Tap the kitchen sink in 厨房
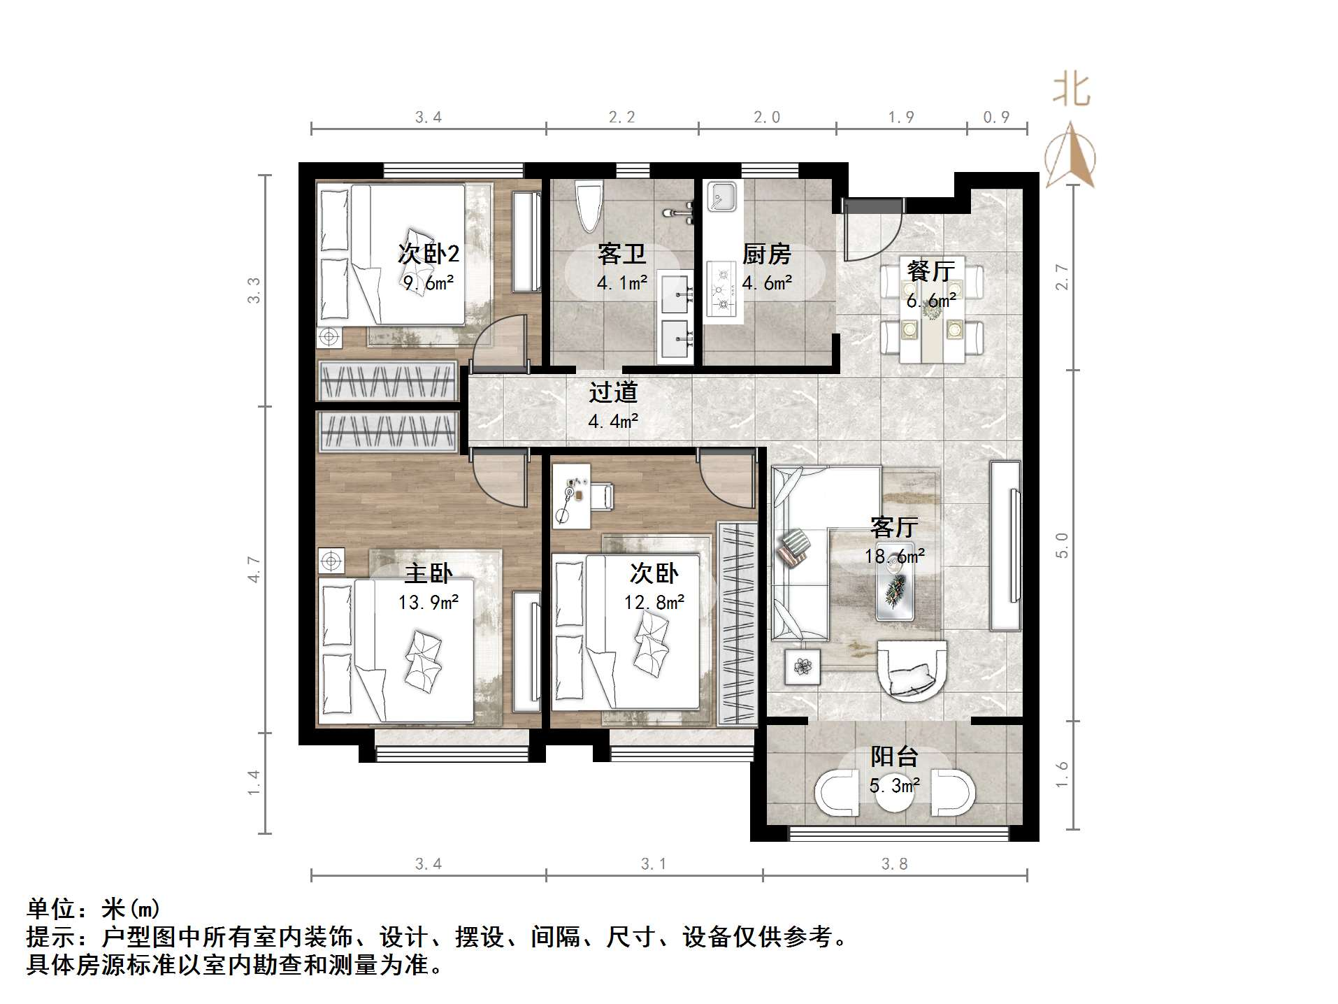[721, 196]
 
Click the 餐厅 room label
[930, 271]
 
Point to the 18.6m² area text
[894, 557]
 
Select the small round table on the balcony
[895, 794]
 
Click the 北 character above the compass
[1071, 91]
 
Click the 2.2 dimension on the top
[621, 117]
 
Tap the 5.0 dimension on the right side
[1062, 545]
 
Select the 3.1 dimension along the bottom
[654, 864]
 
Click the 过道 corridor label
[613, 392]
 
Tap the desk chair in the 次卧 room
[602, 496]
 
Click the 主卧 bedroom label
[428, 574]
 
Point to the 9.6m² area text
[429, 283]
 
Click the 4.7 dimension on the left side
[254, 569]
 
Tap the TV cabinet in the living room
[1005, 545]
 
